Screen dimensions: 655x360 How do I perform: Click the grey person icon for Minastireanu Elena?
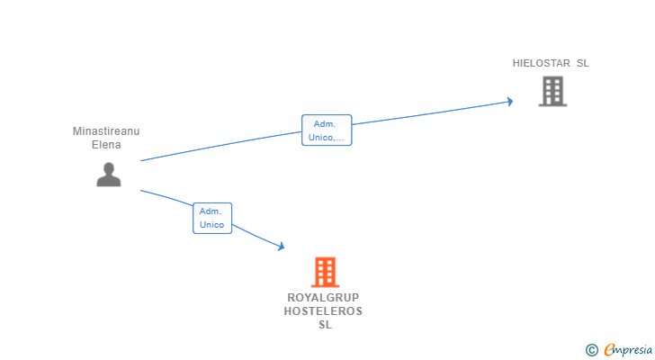(109, 174)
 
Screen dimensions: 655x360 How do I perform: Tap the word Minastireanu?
(106, 131)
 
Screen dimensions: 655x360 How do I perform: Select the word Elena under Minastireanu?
(106, 144)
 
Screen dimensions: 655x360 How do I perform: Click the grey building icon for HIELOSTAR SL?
(552, 91)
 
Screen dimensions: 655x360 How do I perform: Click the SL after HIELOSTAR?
(582, 64)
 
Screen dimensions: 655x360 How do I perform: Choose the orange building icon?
(325, 272)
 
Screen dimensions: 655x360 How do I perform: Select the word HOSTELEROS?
(323, 311)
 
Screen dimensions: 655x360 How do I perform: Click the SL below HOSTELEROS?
(324, 325)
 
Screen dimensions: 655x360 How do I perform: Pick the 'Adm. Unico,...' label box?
(326, 130)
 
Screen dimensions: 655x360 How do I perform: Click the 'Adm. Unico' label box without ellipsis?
(212, 218)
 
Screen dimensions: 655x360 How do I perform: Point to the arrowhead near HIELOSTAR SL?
(509, 102)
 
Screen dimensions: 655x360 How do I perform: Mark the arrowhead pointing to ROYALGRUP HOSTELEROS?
(281, 246)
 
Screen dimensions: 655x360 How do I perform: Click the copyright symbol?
(591, 349)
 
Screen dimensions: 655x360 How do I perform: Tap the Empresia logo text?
(626, 350)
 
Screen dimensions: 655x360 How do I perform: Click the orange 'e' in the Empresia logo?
(609, 350)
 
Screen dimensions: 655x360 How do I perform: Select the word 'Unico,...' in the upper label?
(326, 138)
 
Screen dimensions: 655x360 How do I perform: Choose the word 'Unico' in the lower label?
(212, 225)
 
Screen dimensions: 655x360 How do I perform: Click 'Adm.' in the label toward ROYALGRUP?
(211, 211)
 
